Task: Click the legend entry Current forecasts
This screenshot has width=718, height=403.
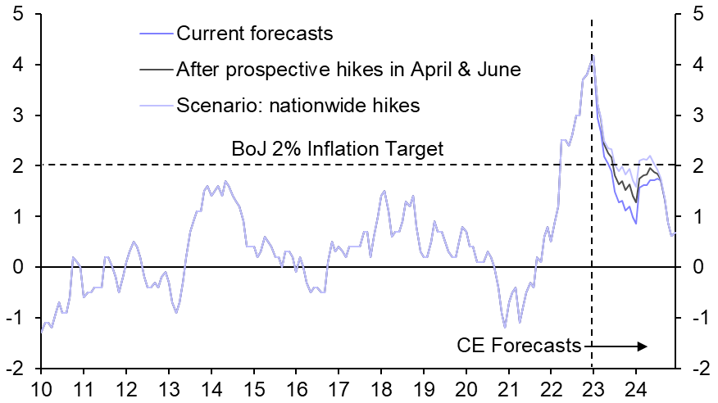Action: (x=254, y=34)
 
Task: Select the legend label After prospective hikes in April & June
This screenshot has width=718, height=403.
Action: (x=348, y=70)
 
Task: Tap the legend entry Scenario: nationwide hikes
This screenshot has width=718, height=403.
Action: (x=298, y=105)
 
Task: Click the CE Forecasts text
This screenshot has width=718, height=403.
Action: (x=518, y=346)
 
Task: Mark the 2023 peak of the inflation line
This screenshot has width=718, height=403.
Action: (x=593, y=56)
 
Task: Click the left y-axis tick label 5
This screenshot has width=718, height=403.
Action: (x=18, y=14)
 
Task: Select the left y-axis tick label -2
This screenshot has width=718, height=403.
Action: (x=15, y=369)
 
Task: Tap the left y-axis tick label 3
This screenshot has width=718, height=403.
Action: (x=18, y=115)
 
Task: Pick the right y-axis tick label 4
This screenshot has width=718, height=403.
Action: (x=696, y=65)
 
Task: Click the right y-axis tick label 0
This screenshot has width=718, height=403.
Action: (x=696, y=267)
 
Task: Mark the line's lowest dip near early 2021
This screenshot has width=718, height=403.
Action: (x=505, y=328)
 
